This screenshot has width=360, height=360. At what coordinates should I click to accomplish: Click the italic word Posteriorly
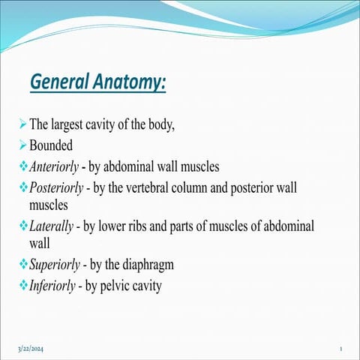57,186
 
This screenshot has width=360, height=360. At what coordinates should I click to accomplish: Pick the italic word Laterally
52,226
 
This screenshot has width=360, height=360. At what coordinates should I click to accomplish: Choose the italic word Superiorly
55,265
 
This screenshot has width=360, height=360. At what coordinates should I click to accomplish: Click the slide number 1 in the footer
340,349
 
